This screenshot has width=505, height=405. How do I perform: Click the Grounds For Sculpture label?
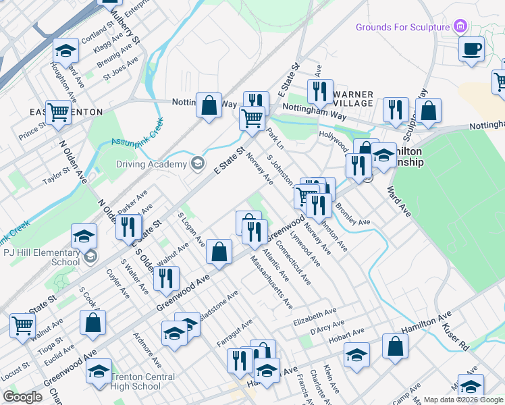(404, 27)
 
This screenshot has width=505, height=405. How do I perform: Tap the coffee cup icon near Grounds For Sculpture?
(472, 49)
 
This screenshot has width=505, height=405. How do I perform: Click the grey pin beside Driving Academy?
(197, 163)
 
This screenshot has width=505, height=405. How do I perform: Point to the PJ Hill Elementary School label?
(41, 257)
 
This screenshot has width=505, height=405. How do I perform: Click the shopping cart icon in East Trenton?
(59, 113)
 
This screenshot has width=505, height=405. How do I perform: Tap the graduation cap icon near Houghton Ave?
(65, 51)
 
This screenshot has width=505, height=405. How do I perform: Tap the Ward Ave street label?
(398, 202)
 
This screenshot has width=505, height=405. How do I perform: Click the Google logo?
(22, 397)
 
